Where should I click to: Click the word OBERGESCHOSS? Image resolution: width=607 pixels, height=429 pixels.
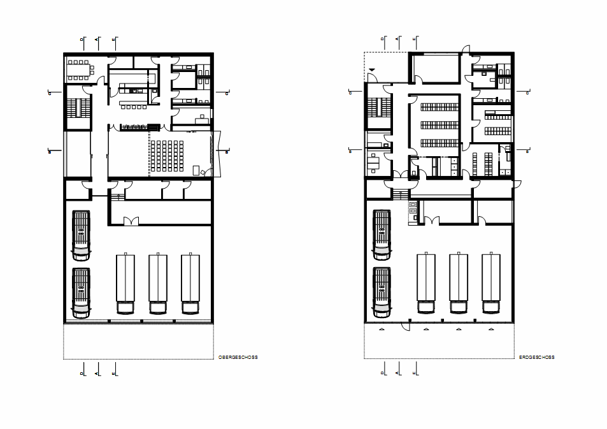coord(238,358)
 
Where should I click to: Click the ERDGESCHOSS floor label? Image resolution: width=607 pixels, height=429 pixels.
coord(537,358)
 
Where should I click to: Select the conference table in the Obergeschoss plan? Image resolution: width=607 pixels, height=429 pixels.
coord(80,69)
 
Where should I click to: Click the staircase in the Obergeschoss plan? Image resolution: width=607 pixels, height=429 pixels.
coord(79,107)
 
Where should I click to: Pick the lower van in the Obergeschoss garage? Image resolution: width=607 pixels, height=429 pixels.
coord(81,293)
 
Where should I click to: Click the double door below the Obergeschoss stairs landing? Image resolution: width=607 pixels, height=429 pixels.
coord(131,221)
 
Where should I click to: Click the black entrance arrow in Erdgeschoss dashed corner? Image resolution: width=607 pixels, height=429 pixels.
coord(372,69)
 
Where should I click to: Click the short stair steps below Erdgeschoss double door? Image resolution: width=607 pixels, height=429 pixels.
coord(399,194)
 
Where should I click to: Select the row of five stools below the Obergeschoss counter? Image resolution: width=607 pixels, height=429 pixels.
coord(134,107)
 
